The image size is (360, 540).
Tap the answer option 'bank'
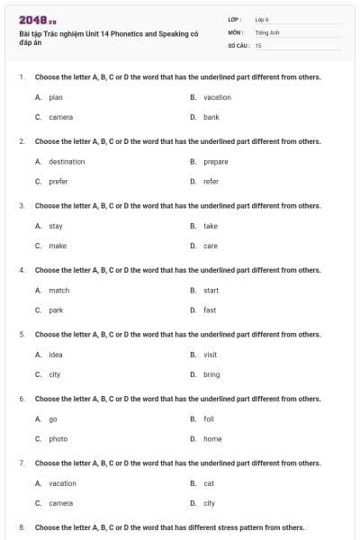pyautogui.click(x=211, y=117)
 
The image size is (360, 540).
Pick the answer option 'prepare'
pyautogui.click(x=215, y=162)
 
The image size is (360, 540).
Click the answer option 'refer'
pyautogui.click(x=211, y=181)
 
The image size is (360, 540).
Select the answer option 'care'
pyautogui.click(x=210, y=246)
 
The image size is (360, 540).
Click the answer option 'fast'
pyautogui.click(x=210, y=310)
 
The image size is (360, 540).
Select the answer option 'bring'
pyautogui.click(x=211, y=374)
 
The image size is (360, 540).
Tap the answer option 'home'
pyautogui.click(x=212, y=438)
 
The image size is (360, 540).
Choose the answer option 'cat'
pyautogui.click(x=209, y=483)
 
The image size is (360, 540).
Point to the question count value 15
pyautogui.click(x=258, y=45)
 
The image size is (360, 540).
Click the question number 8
pyautogui.click(x=21, y=527)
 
